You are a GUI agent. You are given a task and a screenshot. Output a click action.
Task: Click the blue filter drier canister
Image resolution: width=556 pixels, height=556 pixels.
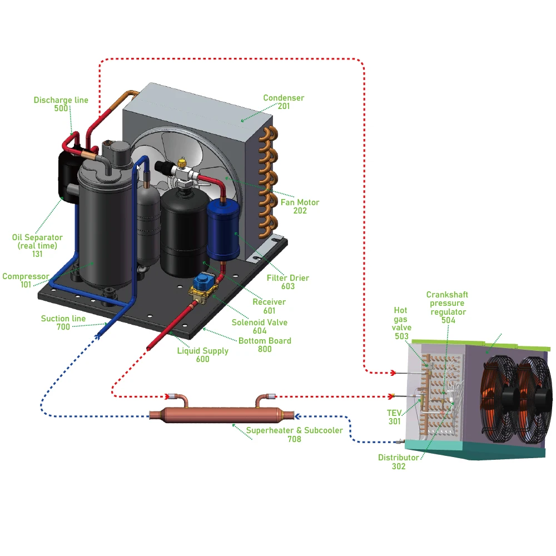222,228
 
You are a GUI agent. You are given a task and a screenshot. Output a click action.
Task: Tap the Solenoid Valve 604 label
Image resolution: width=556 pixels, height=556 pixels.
260,326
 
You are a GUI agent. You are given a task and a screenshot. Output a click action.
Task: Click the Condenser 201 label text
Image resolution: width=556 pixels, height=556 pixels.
284,102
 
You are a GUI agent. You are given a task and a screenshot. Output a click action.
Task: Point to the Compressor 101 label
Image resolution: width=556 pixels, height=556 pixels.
26,281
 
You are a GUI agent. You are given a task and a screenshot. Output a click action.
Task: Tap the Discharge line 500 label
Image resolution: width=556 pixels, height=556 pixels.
61,104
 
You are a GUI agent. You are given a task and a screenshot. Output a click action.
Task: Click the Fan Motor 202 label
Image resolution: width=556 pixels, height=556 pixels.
300,206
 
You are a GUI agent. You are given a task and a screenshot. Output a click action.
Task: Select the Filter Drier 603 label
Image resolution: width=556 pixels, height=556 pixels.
288,282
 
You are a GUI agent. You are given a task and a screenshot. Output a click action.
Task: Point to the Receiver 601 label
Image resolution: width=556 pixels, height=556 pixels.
269,306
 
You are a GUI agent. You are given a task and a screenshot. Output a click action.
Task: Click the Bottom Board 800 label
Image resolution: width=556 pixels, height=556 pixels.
265,345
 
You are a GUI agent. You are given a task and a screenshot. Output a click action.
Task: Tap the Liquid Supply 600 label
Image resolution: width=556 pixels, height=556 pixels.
203,355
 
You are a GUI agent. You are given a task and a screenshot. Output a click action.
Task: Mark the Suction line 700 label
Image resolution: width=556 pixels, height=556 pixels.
63,322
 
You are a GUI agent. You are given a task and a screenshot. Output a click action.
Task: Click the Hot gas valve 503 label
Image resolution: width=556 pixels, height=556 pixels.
401,323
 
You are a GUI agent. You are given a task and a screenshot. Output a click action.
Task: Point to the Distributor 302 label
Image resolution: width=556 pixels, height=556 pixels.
399,462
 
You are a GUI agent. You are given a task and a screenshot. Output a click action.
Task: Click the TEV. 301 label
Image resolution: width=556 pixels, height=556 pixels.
394,417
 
